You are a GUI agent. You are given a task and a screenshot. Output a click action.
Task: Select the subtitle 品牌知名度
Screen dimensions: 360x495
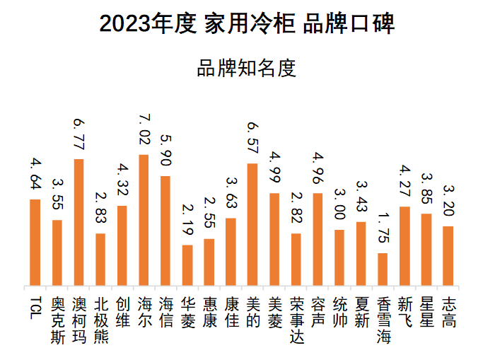pyautogui.click(x=247, y=68)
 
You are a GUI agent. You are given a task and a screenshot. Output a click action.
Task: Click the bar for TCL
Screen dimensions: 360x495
pyautogui.click(x=35, y=243)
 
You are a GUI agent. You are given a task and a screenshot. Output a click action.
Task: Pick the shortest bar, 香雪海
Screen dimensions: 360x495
pyautogui.click(x=383, y=269)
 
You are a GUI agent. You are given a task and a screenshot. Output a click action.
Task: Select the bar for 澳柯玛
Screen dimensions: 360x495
pyautogui.click(x=78, y=223)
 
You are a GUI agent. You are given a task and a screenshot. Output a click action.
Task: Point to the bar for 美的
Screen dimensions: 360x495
pyautogui.click(x=252, y=225)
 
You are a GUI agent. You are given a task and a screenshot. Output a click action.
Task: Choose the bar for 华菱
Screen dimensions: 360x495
pyautogui.click(x=187, y=266)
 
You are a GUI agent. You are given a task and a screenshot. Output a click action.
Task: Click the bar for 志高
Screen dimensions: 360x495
pyautogui.click(x=448, y=256)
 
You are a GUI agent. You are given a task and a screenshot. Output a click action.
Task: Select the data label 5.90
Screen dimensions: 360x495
pyautogui.click(x=165, y=149)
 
